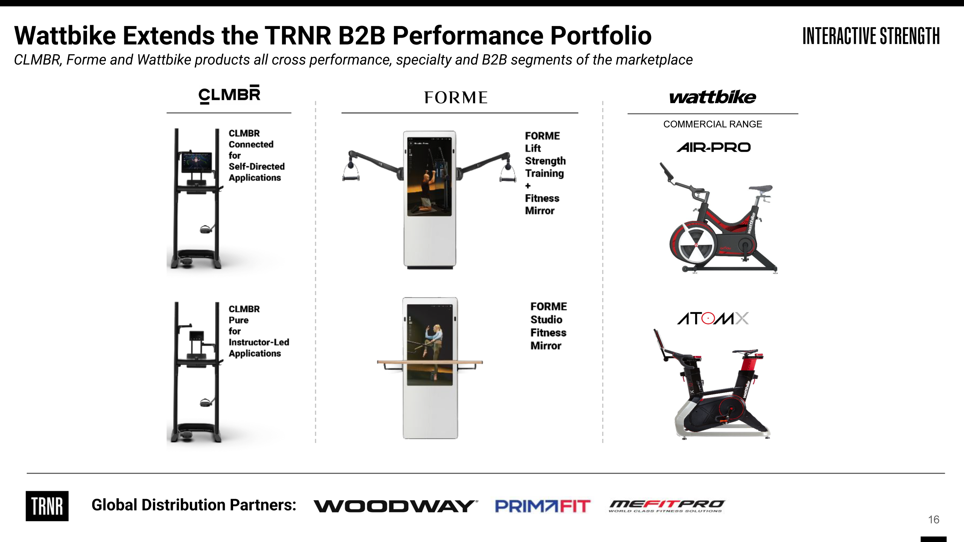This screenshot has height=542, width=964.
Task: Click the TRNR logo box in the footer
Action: [47, 506]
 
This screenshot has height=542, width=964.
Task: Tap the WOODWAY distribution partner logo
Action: [395, 506]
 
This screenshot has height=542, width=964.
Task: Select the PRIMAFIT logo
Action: [542, 506]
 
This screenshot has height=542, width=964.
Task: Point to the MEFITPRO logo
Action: [667, 505]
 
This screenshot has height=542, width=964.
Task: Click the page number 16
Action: [933, 520]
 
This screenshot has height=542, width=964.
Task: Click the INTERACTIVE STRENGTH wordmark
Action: [871, 36]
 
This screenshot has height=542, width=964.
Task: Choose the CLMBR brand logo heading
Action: [229, 94]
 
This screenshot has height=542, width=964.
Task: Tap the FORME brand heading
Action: [456, 97]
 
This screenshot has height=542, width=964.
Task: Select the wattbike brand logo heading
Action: [712, 97]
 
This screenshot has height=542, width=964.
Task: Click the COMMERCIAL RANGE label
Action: [712, 124]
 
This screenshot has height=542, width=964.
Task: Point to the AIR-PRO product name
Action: [713, 147]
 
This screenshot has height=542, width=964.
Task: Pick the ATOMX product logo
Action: [712, 318]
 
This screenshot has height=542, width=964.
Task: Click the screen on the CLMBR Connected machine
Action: [196, 163]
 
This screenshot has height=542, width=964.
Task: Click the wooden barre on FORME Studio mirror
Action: [430, 362]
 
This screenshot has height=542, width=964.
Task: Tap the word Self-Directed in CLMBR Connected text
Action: [256, 167]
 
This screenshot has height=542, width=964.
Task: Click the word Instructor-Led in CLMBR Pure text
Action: [259, 343]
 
